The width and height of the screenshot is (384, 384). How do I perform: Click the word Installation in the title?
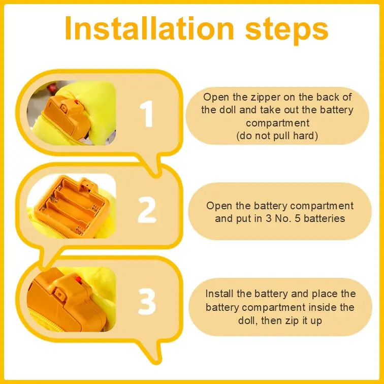149,28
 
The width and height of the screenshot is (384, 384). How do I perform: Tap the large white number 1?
147,114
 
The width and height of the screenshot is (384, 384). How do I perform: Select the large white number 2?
147,209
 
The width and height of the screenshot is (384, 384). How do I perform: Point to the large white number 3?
147,301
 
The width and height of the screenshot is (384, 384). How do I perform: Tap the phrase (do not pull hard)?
277,136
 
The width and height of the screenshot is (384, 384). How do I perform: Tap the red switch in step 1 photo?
76,102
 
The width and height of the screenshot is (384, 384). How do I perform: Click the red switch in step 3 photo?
78,279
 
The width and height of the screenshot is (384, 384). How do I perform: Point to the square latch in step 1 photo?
64,108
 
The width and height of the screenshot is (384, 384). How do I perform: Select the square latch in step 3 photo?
59,294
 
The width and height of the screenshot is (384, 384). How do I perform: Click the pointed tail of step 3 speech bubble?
156,362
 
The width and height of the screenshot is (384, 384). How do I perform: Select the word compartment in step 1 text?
278,123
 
